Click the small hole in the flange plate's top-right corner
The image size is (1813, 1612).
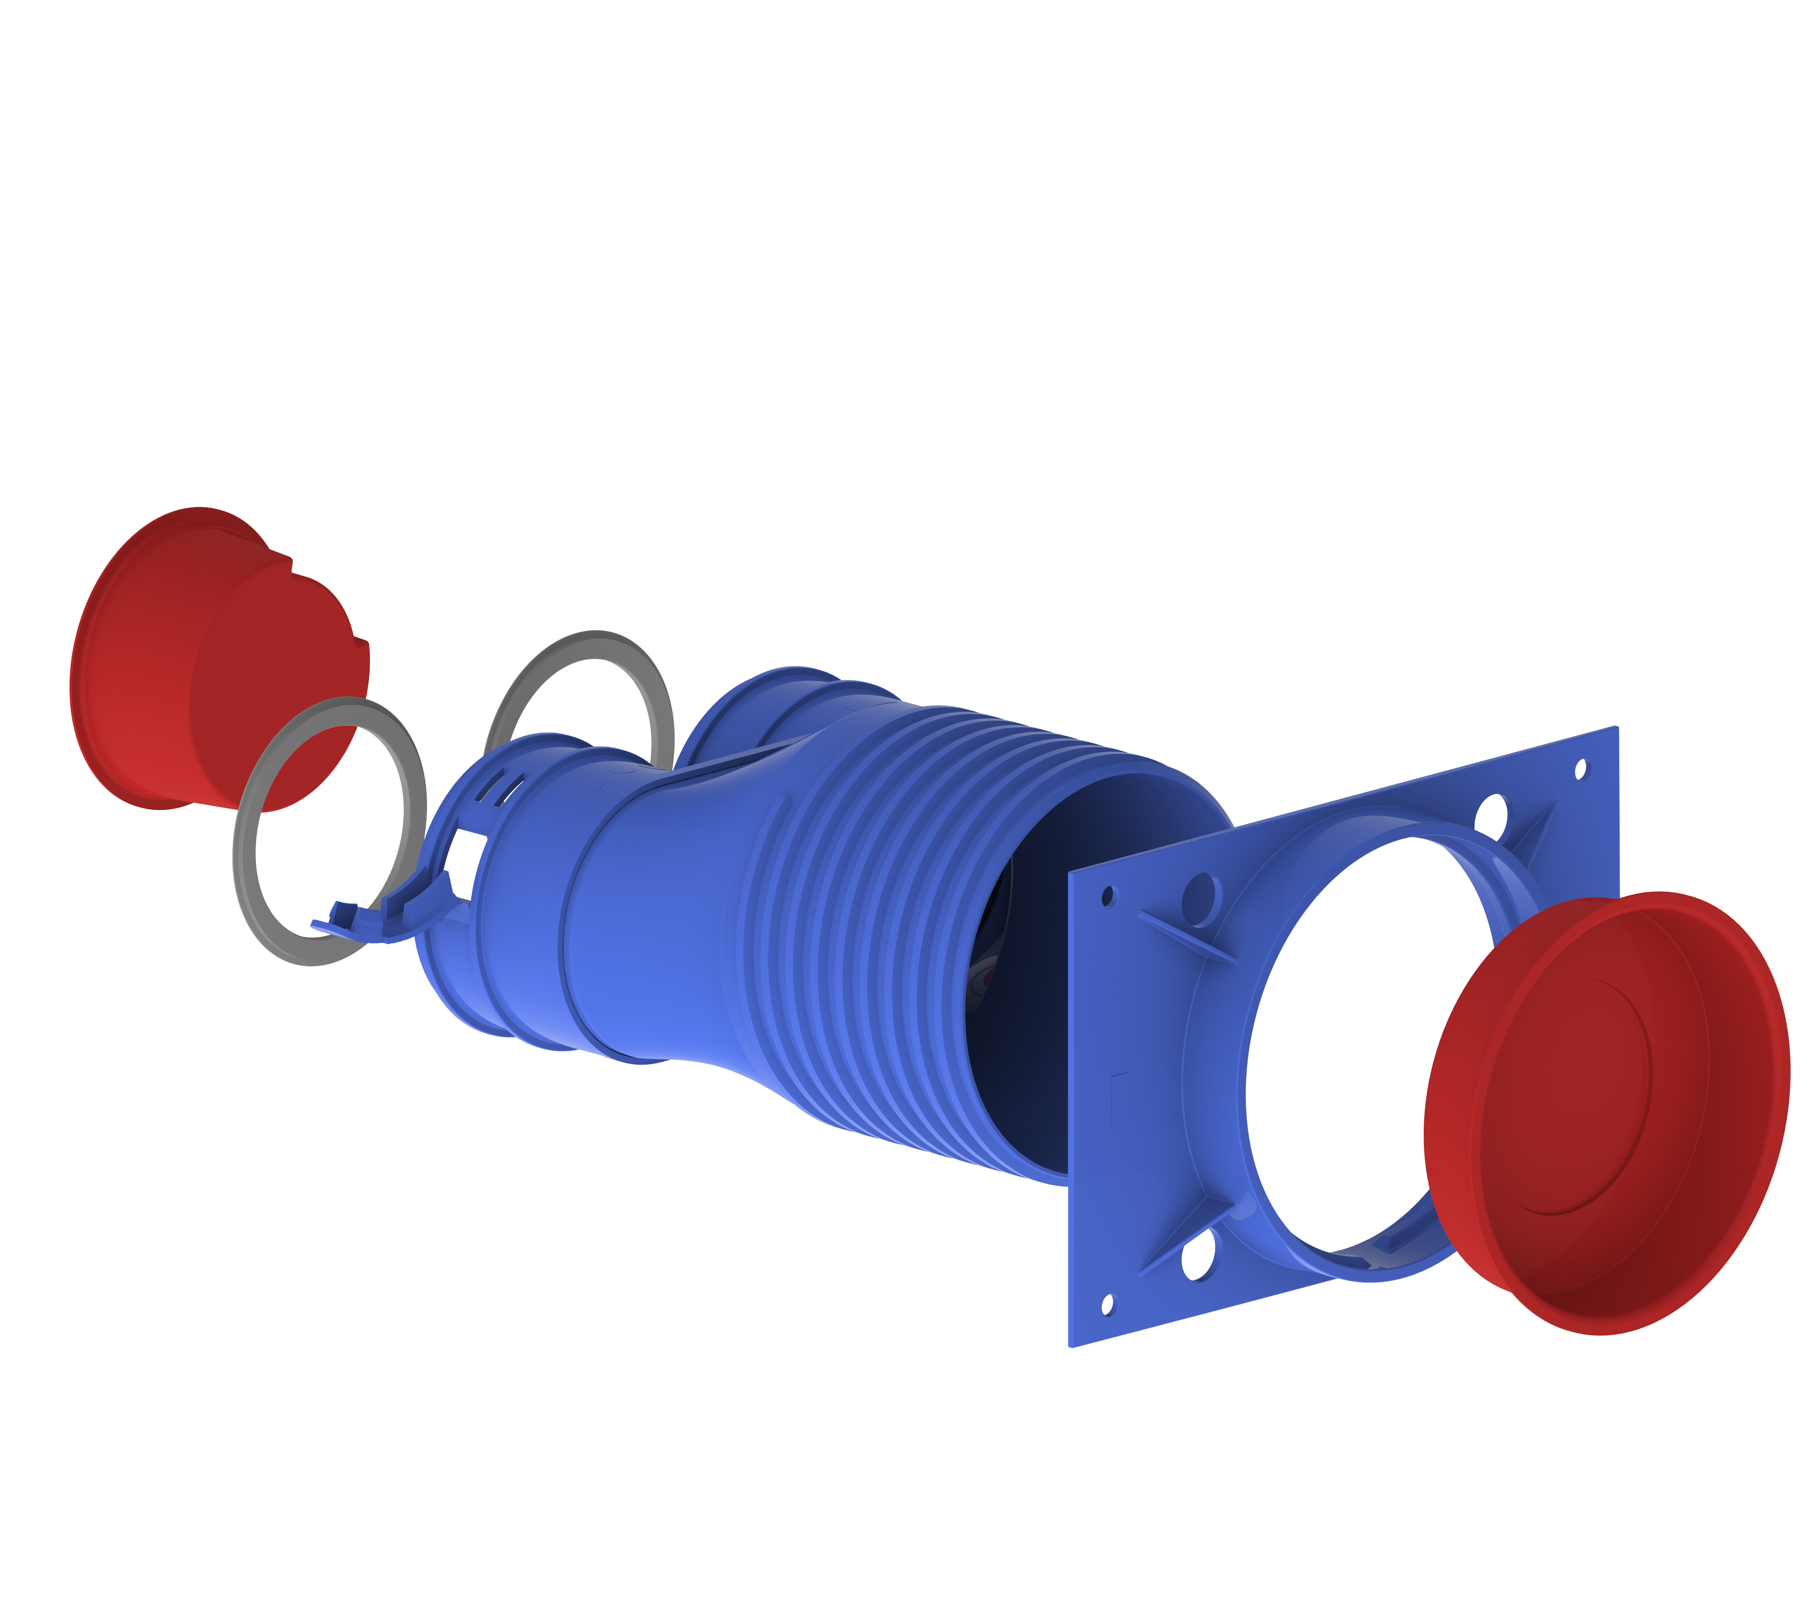point(1581,769)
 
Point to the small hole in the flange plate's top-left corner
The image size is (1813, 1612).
point(1107,897)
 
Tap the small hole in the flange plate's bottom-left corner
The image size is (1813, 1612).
point(1107,1304)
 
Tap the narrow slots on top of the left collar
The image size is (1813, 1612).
point(501,787)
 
